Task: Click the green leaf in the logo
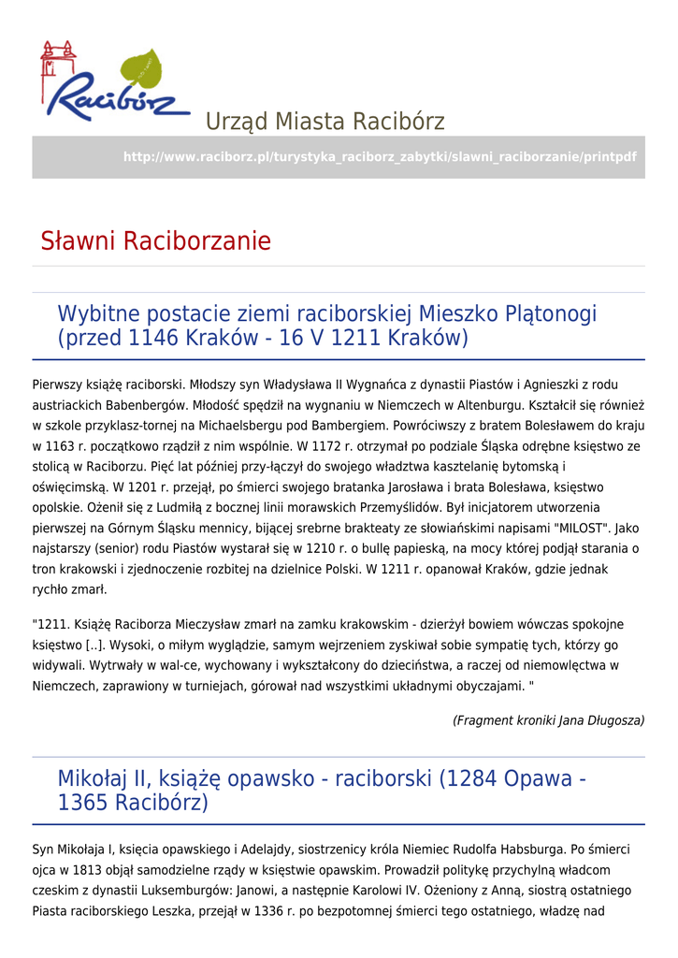pos(140,71)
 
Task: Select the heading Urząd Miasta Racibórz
pos(325,122)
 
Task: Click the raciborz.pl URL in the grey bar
pos(380,157)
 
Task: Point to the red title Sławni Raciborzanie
pos(155,241)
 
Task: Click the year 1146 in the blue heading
pos(153,338)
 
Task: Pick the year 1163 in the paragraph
pos(67,446)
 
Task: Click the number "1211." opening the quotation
pos(53,625)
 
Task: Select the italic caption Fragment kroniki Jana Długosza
pos(549,720)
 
